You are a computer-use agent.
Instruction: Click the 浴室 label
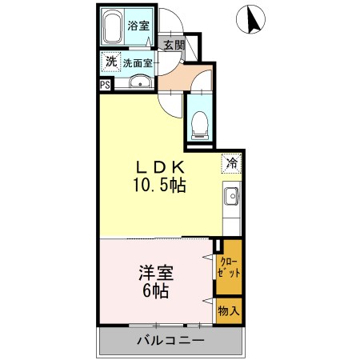139,26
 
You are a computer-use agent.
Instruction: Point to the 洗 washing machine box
110,62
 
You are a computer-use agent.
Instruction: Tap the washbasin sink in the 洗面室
141,82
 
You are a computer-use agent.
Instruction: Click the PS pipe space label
105,84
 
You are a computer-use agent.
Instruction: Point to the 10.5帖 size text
160,186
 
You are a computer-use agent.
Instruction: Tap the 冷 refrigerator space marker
231,163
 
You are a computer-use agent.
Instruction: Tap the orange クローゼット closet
228,267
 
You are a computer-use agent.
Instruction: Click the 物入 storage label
228,311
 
